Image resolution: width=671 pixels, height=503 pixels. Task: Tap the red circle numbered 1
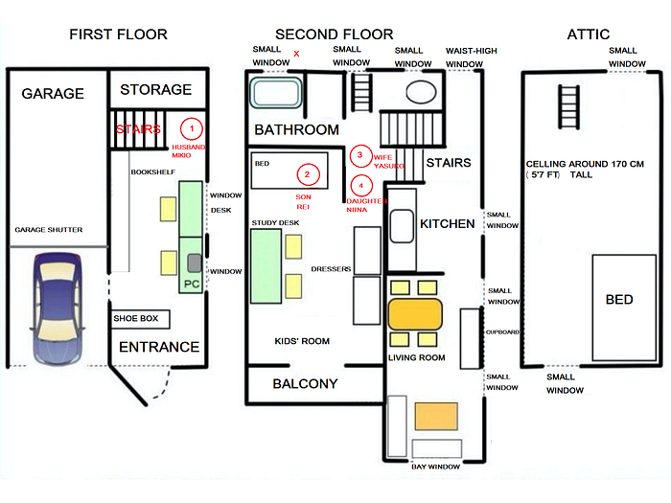point(192,127)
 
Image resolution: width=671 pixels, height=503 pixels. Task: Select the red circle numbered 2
point(307,174)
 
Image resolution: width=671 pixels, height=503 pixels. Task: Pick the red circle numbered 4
point(360,185)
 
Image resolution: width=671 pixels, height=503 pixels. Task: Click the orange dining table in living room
point(415,313)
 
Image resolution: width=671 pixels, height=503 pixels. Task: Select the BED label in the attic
point(619,300)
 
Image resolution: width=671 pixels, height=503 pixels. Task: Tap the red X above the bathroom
point(296,54)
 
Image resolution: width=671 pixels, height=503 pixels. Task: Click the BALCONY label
point(305,384)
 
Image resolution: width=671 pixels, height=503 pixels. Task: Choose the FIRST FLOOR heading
point(118,34)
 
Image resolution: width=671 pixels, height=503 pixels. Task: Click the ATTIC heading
point(588,34)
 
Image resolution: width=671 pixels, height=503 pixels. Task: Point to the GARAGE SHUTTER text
point(49,230)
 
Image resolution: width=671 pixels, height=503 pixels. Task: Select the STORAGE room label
point(155,89)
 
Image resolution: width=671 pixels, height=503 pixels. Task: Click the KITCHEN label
point(447,223)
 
